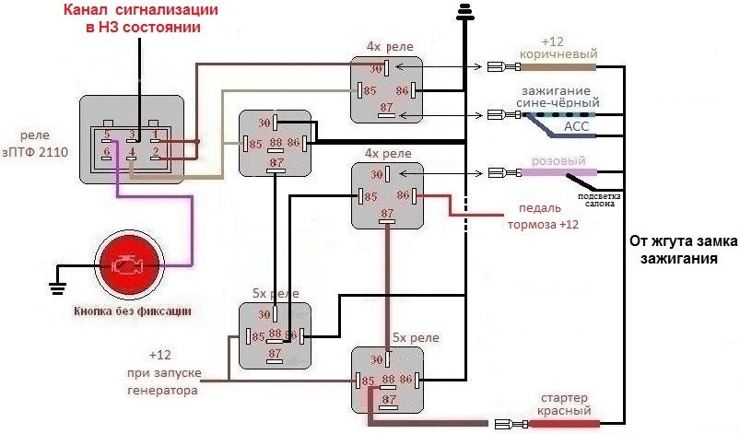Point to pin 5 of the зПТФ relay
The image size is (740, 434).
109,135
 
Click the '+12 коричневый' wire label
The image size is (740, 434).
568,50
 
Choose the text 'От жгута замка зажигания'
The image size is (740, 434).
683,250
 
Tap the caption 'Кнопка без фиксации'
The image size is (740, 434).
133,311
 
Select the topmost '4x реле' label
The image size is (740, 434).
389,47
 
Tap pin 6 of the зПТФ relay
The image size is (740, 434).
108,152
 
